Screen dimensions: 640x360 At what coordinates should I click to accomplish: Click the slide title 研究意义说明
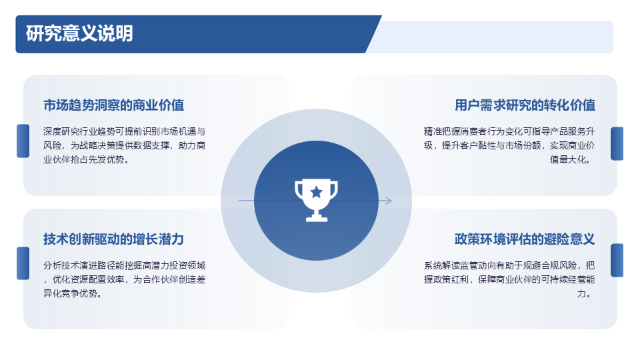[x=79, y=33]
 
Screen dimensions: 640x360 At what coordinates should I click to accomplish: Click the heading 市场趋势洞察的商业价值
[x=114, y=105]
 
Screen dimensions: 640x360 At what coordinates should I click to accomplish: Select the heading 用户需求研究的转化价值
[x=525, y=105]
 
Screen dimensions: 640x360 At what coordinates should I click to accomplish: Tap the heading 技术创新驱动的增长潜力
[x=114, y=239]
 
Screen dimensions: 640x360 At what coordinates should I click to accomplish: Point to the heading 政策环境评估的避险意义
[x=525, y=239]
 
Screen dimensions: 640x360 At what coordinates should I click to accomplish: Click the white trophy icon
[x=316, y=200]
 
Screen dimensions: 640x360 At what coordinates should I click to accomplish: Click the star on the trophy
[x=316, y=192]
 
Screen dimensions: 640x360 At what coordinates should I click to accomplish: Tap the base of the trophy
[x=317, y=218]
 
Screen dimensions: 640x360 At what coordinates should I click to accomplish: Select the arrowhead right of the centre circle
[x=387, y=201]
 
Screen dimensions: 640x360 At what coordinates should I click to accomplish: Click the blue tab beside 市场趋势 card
[x=23, y=141]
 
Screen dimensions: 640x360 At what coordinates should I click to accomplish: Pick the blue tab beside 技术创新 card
[x=23, y=263]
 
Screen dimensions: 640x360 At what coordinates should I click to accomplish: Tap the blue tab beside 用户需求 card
[x=617, y=144]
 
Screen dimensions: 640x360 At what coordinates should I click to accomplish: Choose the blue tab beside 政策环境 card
[x=617, y=261]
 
